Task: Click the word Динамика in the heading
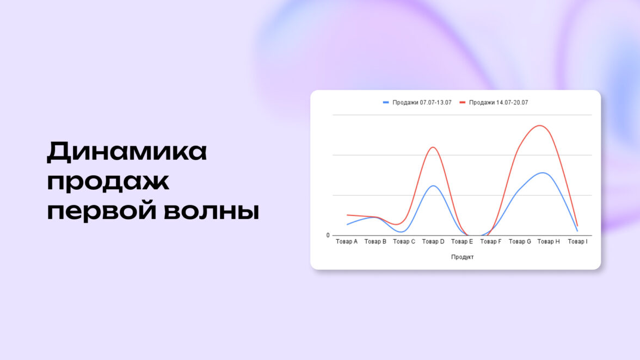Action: tap(127, 151)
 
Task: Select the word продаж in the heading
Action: tap(108, 182)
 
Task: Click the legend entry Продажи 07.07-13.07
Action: tap(417, 103)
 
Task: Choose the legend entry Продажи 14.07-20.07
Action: tap(494, 103)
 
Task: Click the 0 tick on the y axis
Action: tap(328, 235)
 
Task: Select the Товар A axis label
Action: tap(347, 242)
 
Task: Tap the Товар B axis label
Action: tap(375, 242)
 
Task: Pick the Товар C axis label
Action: tap(404, 242)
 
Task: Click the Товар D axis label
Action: tap(433, 242)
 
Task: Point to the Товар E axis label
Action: tap(462, 242)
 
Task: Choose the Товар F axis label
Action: tap(491, 242)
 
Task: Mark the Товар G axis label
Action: tap(520, 242)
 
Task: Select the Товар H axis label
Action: tap(549, 242)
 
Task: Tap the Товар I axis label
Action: tap(577, 242)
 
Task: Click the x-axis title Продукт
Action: tap(463, 257)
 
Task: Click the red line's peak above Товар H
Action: tap(540, 126)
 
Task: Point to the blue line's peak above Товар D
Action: tap(433, 186)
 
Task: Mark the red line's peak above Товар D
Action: tap(433, 147)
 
